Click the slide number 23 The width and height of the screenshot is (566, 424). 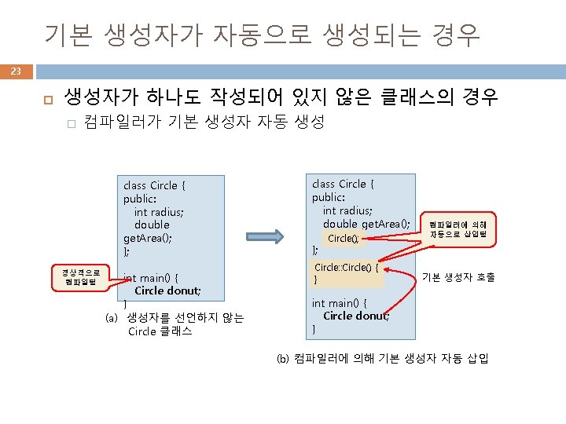(16, 71)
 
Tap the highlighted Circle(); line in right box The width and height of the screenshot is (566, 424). (343, 238)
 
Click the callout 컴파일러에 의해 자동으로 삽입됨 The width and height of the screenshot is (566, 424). (458, 229)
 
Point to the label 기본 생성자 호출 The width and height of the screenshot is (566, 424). (458, 276)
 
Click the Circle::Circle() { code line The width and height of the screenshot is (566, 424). (347, 267)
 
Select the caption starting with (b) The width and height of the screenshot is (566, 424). (382, 359)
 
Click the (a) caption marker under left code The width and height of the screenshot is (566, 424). (112, 318)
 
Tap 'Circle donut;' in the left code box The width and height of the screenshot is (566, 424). (167, 291)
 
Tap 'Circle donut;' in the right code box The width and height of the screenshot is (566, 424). (355, 316)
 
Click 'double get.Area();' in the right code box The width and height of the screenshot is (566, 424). (366, 224)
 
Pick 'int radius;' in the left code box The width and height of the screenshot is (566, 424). (160, 212)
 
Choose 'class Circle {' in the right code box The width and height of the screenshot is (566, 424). (344, 184)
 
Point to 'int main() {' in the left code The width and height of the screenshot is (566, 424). (150, 277)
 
